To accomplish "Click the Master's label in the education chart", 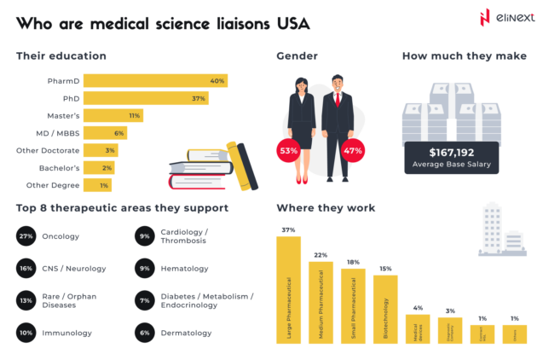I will (x=65, y=115).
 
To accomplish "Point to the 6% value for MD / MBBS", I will (x=119, y=133).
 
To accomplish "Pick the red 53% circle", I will (x=288, y=151).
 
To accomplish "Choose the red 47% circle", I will (x=352, y=151).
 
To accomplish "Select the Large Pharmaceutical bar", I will (x=288, y=290).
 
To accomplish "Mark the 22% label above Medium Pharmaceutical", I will (x=321, y=255).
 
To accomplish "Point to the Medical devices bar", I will (x=417, y=328).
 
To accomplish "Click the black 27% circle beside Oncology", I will (x=26, y=235).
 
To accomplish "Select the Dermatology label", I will (x=187, y=333).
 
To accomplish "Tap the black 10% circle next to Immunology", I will (x=26, y=333).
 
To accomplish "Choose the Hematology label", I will (x=184, y=269).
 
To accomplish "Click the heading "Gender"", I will (x=297, y=56).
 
